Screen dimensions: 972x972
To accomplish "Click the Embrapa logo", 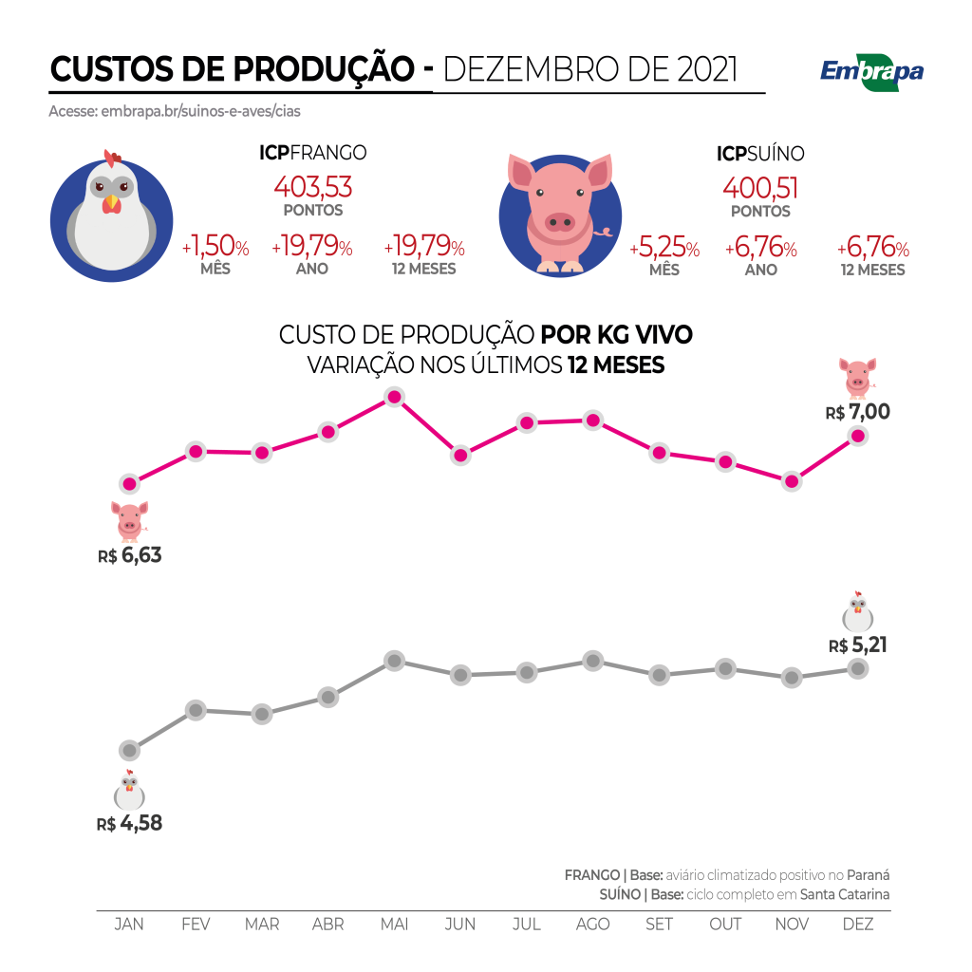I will pyautogui.click(x=871, y=72).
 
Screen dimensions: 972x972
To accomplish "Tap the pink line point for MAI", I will pyautogui.click(x=394, y=398).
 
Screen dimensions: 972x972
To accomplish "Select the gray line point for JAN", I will pyautogui.click(x=130, y=751).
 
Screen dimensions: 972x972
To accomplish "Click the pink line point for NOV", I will pyautogui.click(x=791, y=481).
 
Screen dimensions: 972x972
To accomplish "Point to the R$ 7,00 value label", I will pyautogui.click(x=858, y=413).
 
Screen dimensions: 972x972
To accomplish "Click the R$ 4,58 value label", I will pyautogui.click(x=130, y=823).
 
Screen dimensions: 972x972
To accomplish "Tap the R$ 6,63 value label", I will pyautogui.click(x=130, y=555).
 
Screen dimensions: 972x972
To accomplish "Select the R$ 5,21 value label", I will pyautogui.click(x=859, y=645).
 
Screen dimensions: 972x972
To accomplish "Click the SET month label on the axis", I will pyautogui.click(x=659, y=925).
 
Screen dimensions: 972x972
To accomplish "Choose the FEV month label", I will pyautogui.click(x=196, y=925).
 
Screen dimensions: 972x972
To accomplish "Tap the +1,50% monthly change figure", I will pyautogui.click(x=215, y=249).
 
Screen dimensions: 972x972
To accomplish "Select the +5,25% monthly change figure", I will pyautogui.click(x=664, y=250).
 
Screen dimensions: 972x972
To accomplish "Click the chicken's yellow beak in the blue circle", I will pyautogui.click(x=112, y=202).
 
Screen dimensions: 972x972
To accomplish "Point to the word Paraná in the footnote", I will pyautogui.click(x=869, y=875).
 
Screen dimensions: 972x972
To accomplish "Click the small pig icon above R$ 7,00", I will pyautogui.click(x=857, y=376).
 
